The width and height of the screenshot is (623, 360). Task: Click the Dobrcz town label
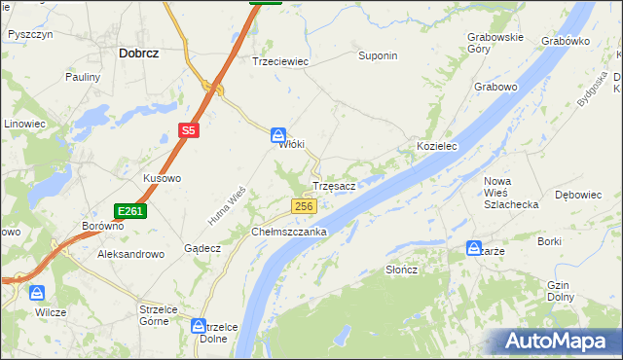pyautogui.click(x=138, y=54)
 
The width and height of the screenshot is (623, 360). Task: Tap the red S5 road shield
pyautogui.click(x=189, y=129)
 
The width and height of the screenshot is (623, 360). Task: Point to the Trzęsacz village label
pyautogui.click(x=339, y=185)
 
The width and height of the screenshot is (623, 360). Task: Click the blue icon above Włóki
pyautogui.click(x=278, y=136)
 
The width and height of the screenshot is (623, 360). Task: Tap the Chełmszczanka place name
pyautogui.click(x=289, y=233)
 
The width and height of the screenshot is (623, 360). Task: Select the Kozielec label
pyautogui.click(x=437, y=146)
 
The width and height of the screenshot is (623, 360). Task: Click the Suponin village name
pyautogui.click(x=378, y=56)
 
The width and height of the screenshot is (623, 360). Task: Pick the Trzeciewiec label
pyautogui.click(x=280, y=60)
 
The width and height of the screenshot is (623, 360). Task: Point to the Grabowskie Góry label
pyautogui.click(x=495, y=42)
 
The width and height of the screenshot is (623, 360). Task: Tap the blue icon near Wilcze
pyautogui.click(x=37, y=292)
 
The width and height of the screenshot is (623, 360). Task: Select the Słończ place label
pyautogui.click(x=401, y=270)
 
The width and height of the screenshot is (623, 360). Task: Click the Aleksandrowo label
pyautogui.click(x=129, y=253)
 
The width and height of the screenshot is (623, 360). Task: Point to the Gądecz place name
pyautogui.click(x=202, y=248)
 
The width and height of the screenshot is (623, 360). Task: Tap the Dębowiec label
pyautogui.click(x=577, y=195)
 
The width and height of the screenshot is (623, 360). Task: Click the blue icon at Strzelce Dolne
pyautogui.click(x=200, y=327)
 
